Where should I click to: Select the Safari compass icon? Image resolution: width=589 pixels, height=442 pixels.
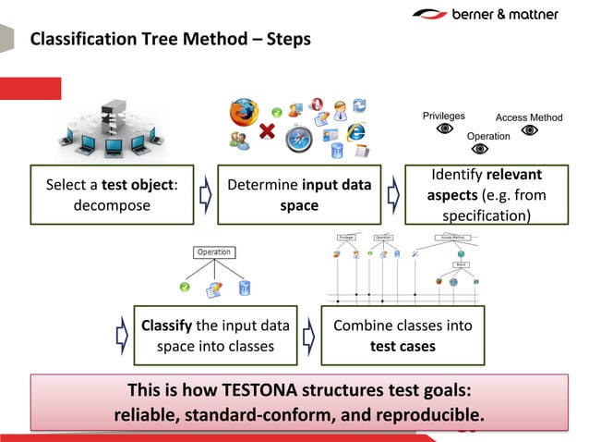coord(299,139)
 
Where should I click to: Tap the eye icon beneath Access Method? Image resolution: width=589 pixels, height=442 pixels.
coord(530,130)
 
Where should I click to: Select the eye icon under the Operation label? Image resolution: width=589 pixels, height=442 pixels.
coord(487,151)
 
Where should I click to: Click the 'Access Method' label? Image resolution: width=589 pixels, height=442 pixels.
coord(529,117)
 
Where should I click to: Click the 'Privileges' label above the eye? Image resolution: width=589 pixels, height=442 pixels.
coord(443,116)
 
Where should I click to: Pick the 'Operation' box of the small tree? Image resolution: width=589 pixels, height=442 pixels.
coord(213,252)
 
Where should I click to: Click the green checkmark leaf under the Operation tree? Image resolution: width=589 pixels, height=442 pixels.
coord(184,288)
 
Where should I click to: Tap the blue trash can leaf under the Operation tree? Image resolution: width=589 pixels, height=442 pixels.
coord(245,288)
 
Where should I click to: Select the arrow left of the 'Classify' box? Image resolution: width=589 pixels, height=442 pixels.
coord(120,336)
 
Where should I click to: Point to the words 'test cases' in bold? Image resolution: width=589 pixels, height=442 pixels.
coord(402,347)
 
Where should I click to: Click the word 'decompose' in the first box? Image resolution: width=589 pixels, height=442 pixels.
coord(112,204)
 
